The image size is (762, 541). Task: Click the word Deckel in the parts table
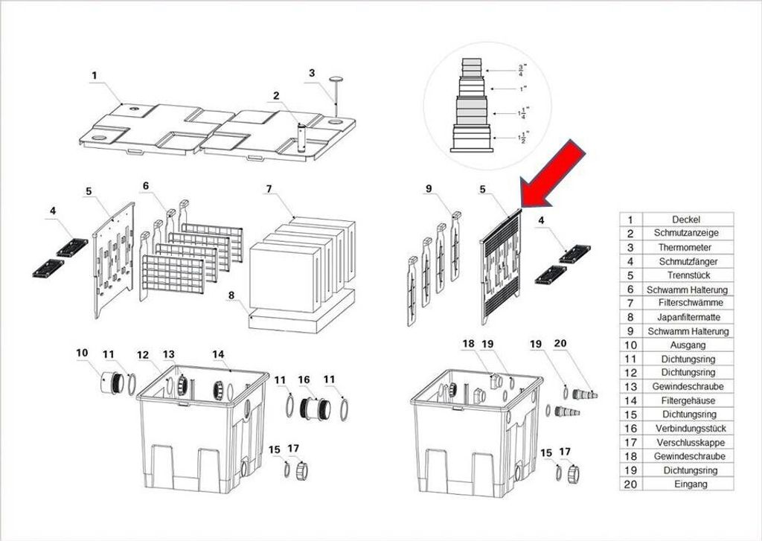pos(685,220)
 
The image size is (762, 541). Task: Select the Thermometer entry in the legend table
pos(685,247)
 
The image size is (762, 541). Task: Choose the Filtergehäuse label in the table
pos(688,400)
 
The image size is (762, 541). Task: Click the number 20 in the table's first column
pos(630,484)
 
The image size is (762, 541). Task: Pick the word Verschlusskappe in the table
pos(691,442)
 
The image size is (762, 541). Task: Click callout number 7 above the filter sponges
pos(269,188)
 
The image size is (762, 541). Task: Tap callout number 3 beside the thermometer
pos(312,73)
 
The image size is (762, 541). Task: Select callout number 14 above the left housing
pos(218,354)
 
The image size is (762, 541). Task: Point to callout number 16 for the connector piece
pos(304,380)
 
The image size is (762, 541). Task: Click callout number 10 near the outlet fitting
pos(82,352)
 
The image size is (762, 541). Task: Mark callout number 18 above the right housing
pos(468,344)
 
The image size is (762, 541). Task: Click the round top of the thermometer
pos(336,78)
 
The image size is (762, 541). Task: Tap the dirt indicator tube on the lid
pos(302,138)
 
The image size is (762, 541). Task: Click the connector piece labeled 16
pos(315,409)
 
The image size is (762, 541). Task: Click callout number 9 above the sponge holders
pos(428,188)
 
